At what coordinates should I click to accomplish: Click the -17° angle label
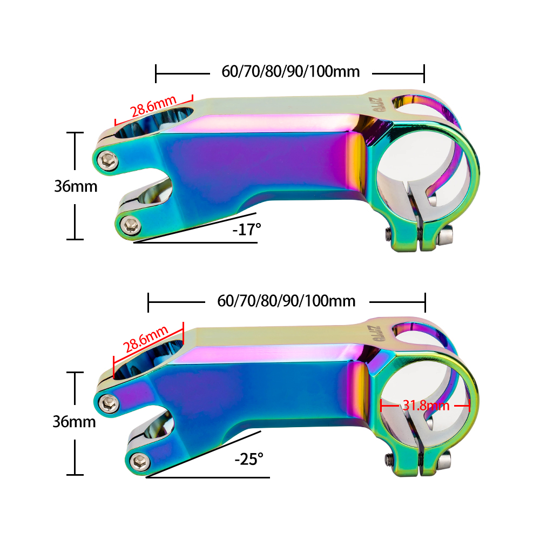[x=247, y=229]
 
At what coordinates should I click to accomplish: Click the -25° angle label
[x=249, y=460]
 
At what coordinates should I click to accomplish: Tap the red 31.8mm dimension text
[x=426, y=405]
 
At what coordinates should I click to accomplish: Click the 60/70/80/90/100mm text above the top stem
[x=290, y=71]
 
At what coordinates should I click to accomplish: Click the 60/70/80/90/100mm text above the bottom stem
[x=286, y=301]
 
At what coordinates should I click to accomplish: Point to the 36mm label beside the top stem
[x=76, y=186]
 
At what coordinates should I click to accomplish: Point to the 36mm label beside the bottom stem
[x=74, y=421]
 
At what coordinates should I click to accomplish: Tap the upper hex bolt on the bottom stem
[x=110, y=401]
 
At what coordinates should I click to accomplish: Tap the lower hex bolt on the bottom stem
[x=140, y=461]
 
